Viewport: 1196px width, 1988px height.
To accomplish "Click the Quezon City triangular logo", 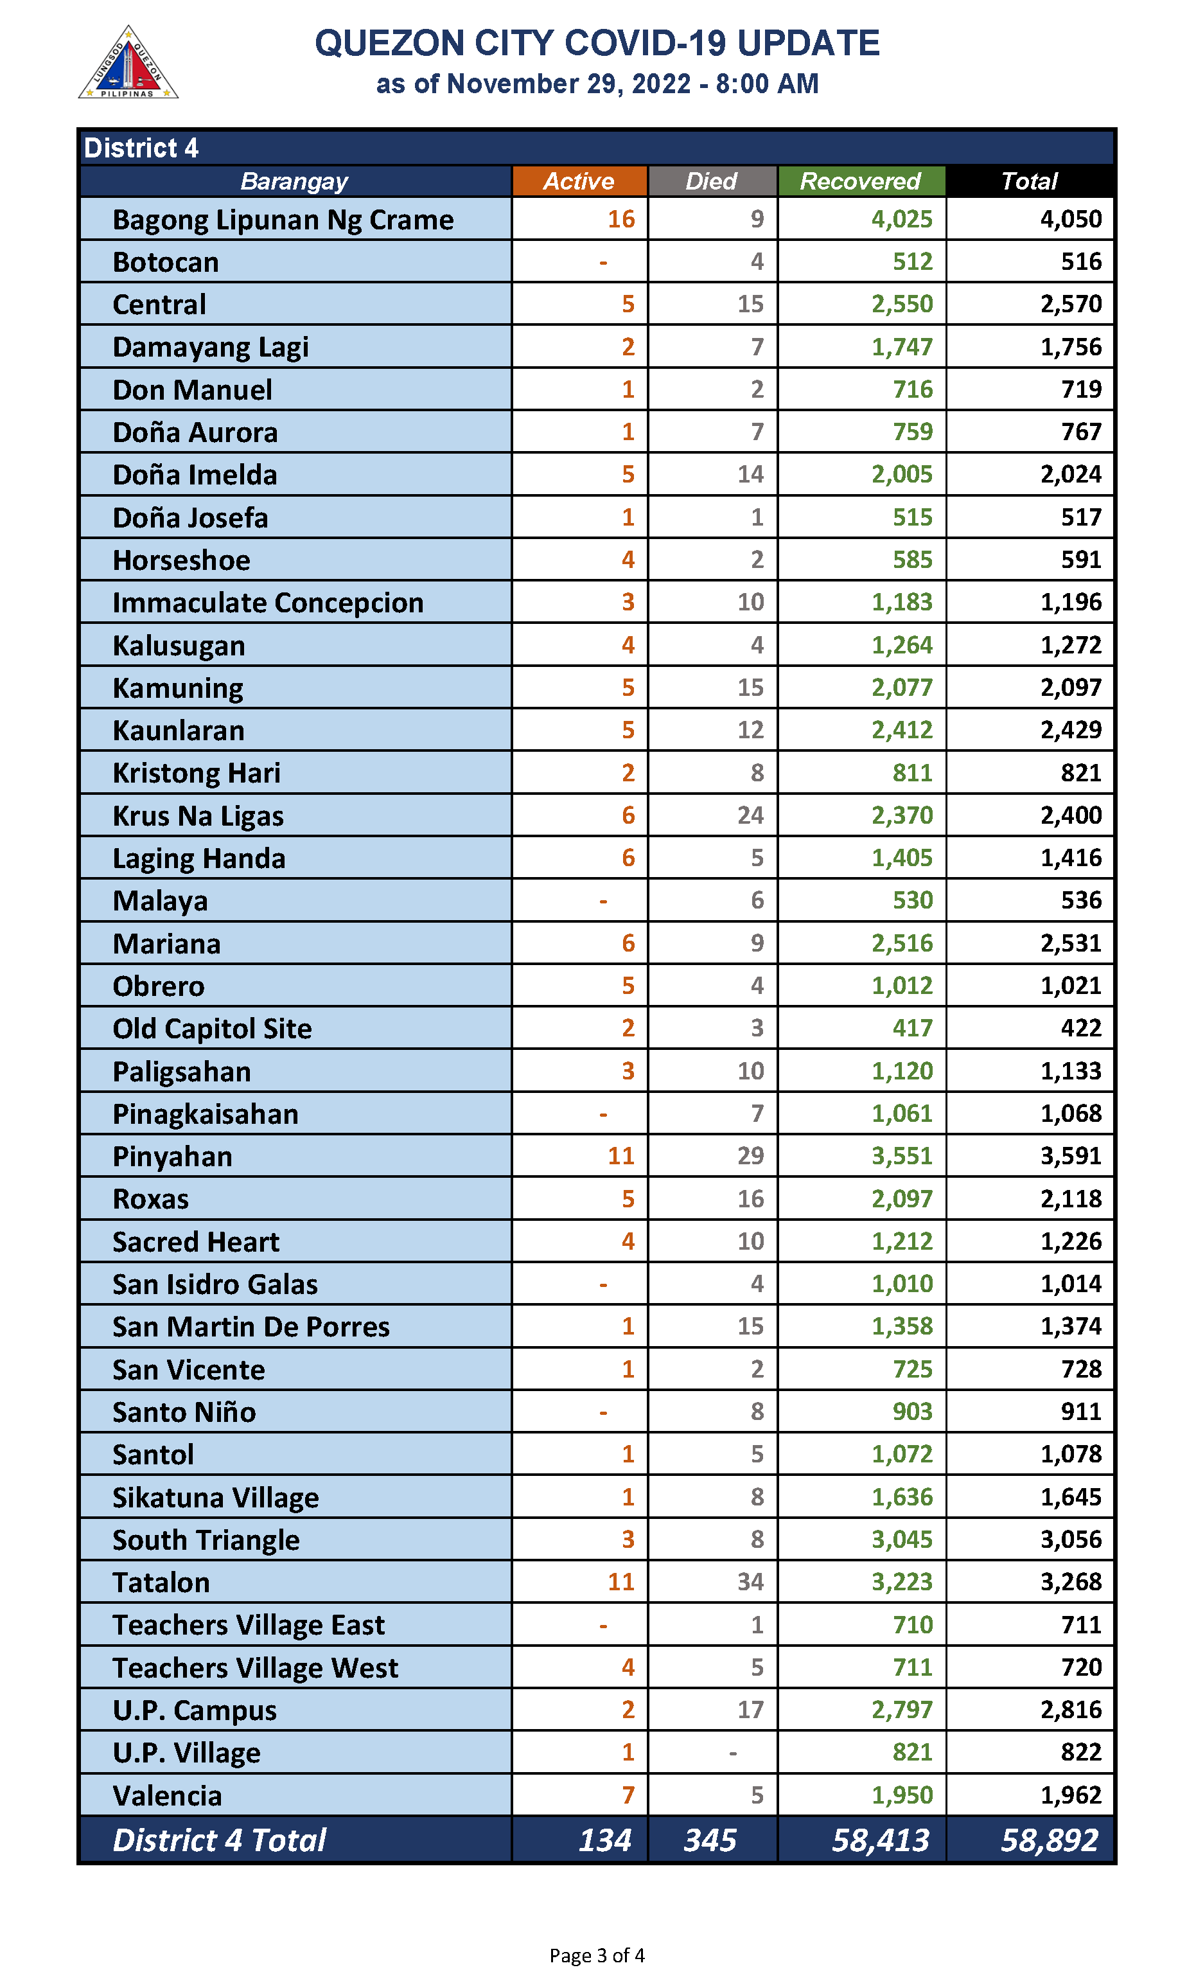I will tap(128, 63).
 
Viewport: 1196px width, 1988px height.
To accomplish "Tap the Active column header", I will tap(579, 181).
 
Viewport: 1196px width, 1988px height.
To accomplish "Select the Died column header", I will tap(712, 181).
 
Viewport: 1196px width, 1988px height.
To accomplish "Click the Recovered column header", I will tap(860, 181).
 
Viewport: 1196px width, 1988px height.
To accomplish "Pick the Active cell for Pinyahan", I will tap(620, 1156).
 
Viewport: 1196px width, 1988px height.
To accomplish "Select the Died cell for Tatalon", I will tap(750, 1582).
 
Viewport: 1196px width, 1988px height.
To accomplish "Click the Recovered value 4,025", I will tap(901, 219).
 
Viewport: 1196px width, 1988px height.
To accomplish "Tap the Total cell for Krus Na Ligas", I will tap(1070, 815).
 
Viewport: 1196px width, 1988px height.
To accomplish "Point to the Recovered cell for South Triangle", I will tap(901, 1539).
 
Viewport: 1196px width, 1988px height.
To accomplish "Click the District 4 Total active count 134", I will tap(604, 1840).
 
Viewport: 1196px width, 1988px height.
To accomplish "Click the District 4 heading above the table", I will tap(141, 148).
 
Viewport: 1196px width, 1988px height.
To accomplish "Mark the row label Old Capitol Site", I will tap(212, 1029).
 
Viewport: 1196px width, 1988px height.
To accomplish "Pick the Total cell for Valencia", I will tap(1070, 1795).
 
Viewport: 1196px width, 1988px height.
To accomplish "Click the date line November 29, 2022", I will tap(597, 84).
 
